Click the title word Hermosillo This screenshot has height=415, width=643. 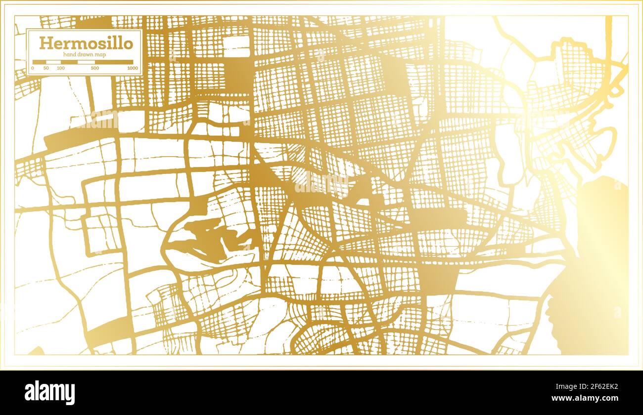[x=86, y=43]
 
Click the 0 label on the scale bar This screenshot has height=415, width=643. [x=33, y=68]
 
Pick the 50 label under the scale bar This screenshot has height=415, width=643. [x=46, y=68]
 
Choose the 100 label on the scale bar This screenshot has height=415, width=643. [x=60, y=68]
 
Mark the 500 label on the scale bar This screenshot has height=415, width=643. [x=95, y=68]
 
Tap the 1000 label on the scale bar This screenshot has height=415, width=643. [x=132, y=68]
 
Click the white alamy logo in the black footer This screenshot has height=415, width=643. [x=50, y=393]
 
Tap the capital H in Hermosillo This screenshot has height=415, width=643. [x=45, y=43]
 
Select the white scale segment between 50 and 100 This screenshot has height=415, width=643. [x=53, y=62]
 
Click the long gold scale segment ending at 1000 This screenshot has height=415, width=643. [x=114, y=62]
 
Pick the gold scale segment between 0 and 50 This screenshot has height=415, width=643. [x=40, y=62]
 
